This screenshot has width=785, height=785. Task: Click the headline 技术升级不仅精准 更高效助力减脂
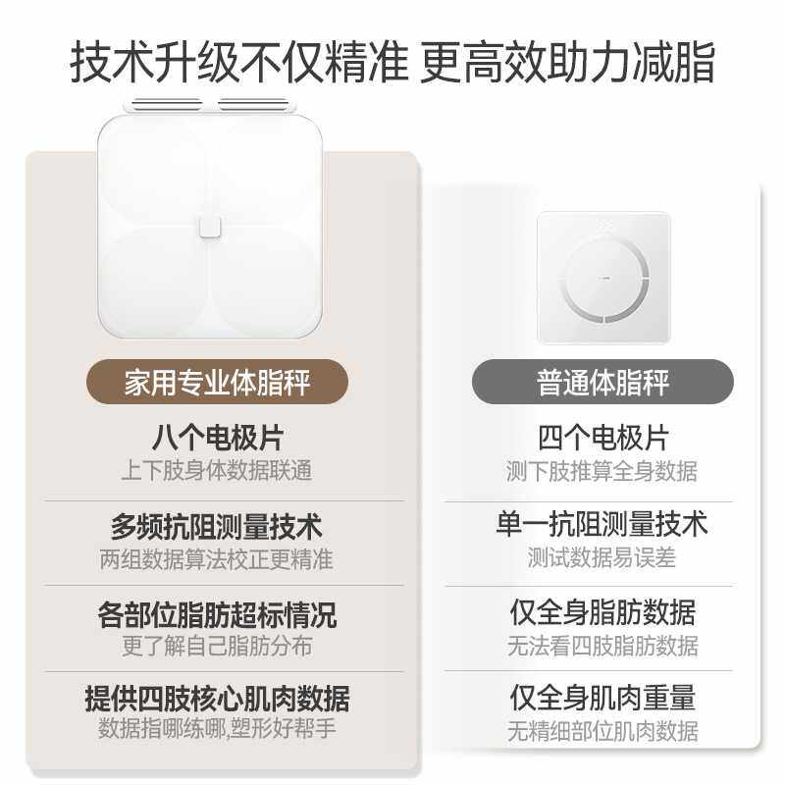tap(392, 63)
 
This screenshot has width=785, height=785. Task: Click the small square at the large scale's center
tap(210, 228)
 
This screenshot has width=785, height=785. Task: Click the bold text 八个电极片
tap(217, 438)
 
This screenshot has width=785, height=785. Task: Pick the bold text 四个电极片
tap(602, 438)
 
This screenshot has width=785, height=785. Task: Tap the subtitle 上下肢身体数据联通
tap(217, 471)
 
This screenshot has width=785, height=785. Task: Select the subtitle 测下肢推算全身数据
tap(602, 471)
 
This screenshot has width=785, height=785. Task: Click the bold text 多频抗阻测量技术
tap(217, 526)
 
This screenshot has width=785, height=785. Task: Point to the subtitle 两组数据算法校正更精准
tap(217, 559)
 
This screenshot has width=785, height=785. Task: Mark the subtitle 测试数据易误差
tap(602, 558)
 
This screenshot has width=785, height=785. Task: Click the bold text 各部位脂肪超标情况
tap(217, 614)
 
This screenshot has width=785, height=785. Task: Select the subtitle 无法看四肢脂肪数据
tap(602, 646)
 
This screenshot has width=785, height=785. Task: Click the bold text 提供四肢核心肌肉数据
tap(217, 699)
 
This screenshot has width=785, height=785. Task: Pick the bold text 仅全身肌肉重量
tap(602, 698)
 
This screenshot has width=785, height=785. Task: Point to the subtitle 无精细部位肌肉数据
tap(602, 731)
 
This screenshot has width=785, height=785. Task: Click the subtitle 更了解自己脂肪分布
tap(217, 647)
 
